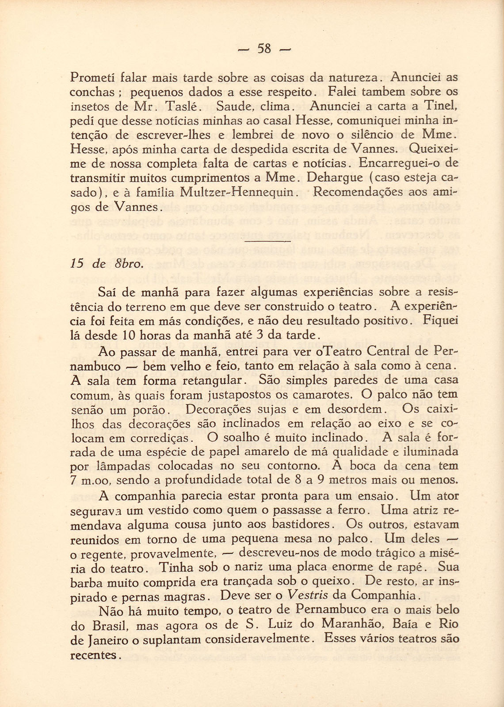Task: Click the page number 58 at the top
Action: [263, 48]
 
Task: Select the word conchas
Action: [92, 92]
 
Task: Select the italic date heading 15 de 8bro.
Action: [106, 264]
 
